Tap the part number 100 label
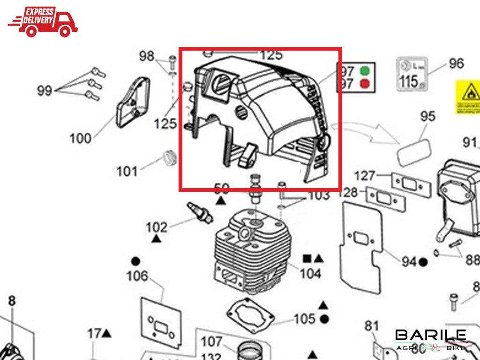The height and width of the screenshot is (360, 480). pos(80,138)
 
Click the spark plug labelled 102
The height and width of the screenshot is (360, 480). pos(200,212)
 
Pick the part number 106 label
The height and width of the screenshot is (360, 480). pos(137,276)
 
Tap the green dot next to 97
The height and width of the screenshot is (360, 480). pos(364,72)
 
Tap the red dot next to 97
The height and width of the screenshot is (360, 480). pos(364,85)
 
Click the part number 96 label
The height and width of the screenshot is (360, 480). pos(456,63)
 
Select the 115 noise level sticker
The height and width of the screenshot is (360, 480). pos(412,74)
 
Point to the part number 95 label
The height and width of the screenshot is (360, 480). pos(427,116)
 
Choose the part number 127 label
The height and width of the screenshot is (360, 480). pos(365,176)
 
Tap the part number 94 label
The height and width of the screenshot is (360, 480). pos(409,262)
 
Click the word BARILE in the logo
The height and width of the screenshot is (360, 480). pos(430,335)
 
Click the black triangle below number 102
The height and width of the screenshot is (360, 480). pos(157,239)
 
